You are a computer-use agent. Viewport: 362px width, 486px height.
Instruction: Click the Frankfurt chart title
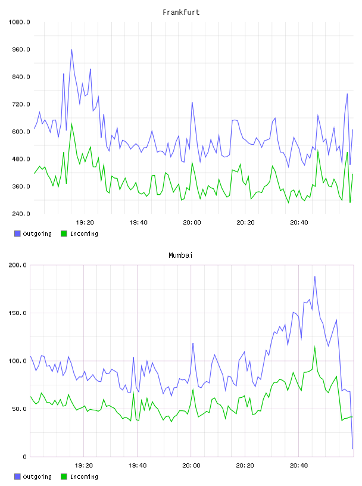point(181,13)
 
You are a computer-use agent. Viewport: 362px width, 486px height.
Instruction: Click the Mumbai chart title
point(180,256)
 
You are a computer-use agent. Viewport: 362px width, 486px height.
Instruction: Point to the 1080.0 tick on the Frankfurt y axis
point(19,22)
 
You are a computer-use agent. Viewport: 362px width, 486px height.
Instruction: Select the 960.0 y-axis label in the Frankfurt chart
point(21,49)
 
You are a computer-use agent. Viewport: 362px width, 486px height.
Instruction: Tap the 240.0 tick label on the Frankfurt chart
point(21,214)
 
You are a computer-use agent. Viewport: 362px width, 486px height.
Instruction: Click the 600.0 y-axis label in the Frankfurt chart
point(21,132)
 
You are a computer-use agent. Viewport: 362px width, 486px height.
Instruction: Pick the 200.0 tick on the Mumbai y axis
point(18,265)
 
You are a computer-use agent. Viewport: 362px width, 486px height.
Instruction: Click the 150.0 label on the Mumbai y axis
point(18,313)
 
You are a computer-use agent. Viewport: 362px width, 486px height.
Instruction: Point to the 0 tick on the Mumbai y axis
point(24,457)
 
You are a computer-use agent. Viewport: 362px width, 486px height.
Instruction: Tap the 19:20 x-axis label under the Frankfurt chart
point(85,223)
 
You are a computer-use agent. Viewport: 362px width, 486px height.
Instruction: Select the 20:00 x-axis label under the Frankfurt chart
point(192,223)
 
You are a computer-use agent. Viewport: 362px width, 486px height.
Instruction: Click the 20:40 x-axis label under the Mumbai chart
point(299,466)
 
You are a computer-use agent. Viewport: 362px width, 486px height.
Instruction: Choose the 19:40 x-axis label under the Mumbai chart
point(138,466)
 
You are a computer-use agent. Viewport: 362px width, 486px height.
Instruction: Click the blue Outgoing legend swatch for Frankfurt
point(17,233)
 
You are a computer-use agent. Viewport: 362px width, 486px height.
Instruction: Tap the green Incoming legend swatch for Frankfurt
point(64,233)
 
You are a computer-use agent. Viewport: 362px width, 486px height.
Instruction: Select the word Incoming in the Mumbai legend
point(84,476)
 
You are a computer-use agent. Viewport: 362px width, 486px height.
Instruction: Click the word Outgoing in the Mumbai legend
point(37,476)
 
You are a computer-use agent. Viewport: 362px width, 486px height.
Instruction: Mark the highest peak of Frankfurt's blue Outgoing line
point(71,49)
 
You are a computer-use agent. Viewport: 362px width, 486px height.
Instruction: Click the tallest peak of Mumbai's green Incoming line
point(315,347)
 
